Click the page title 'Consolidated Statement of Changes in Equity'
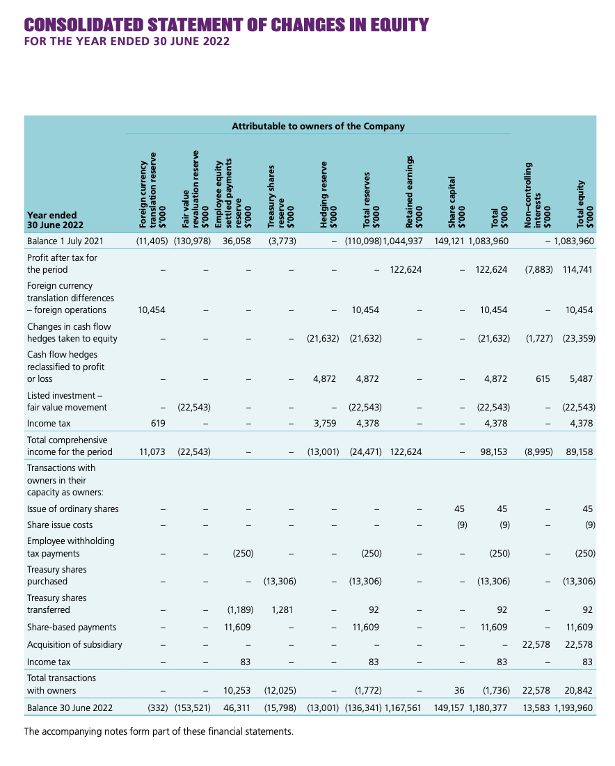(226, 26)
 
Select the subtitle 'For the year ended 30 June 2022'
(127, 41)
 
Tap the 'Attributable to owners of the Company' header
(318, 127)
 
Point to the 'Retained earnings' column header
(415, 192)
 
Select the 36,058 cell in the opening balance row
(237, 242)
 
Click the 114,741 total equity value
(578, 269)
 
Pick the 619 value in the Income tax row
(157, 423)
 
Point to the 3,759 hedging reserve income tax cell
(326, 423)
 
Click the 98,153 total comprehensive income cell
(494, 452)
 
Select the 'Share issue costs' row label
(60, 525)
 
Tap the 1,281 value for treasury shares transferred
(282, 610)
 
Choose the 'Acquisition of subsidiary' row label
(74, 644)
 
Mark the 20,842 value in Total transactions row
(580, 690)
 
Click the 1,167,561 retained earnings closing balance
(403, 708)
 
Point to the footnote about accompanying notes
(159, 731)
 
